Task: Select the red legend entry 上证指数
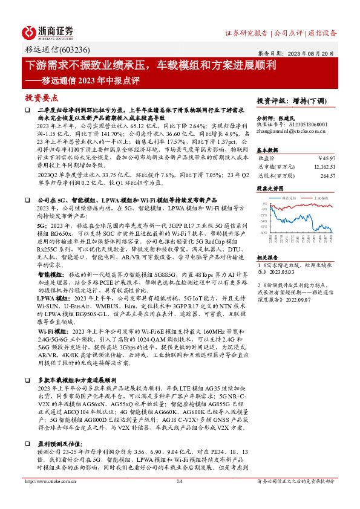point(321,198)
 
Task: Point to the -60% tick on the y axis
point(264,232)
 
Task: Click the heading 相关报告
point(267,257)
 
